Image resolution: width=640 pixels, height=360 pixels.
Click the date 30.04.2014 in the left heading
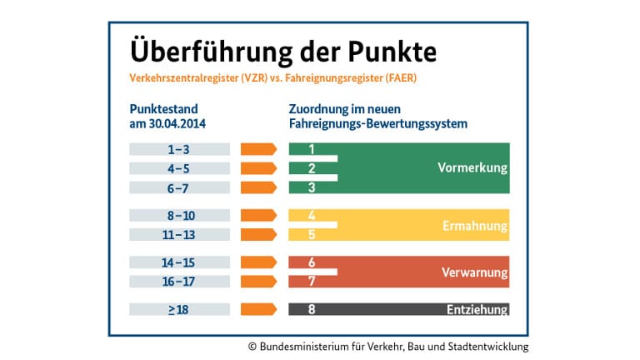pos(177,123)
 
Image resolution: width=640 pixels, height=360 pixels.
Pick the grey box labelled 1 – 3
pos(179,149)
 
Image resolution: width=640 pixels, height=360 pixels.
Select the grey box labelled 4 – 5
pos(179,168)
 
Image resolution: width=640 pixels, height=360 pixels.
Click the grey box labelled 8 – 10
pos(179,215)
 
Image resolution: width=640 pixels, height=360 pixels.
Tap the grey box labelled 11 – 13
pos(179,234)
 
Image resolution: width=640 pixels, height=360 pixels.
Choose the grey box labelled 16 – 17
pos(179,281)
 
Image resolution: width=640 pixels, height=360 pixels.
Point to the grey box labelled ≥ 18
pos(179,309)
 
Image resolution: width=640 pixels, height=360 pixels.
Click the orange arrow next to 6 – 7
pos(258,187)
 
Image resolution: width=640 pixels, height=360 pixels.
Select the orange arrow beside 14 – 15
pos(258,262)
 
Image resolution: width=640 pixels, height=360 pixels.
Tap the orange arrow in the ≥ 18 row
pos(258,309)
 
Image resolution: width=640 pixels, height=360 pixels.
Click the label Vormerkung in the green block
pos(472,168)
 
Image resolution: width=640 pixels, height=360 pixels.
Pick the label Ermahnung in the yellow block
pos(475,226)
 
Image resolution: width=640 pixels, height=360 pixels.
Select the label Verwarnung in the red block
pos(473,272)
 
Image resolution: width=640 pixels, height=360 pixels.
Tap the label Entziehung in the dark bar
pos(476,310)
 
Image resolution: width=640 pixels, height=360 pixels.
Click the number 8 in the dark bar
pos(312,309)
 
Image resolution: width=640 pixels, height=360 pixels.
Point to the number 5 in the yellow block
pos(312,234)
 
